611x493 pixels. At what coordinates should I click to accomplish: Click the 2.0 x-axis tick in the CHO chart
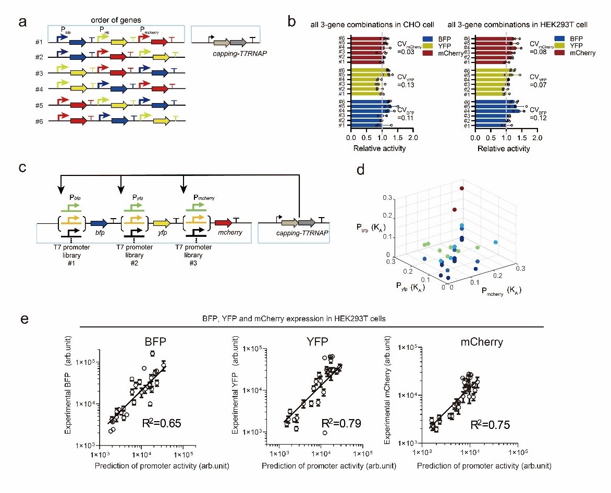412,138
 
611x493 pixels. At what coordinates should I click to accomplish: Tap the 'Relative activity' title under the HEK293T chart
505,149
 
